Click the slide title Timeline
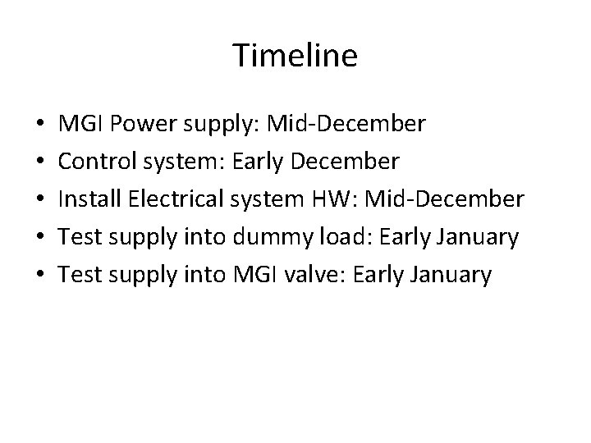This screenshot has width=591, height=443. click(x=295, y=56)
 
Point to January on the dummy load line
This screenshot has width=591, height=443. click(x=479, y=237)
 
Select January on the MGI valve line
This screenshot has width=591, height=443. click(x=453, y=275)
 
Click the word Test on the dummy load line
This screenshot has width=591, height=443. click(x=80, y=237)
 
